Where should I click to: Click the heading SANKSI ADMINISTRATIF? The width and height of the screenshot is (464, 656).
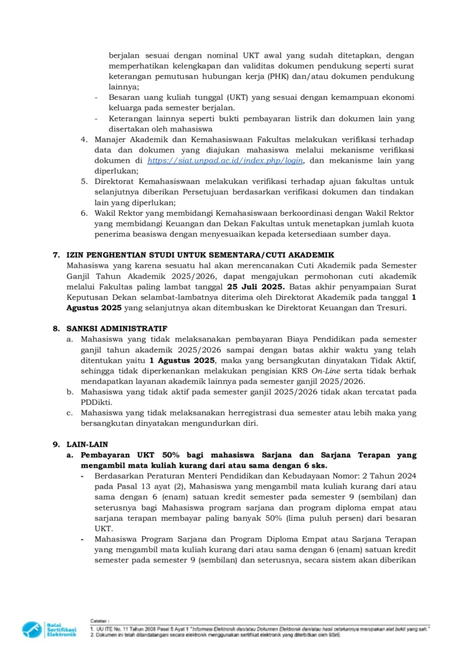click(109, 329)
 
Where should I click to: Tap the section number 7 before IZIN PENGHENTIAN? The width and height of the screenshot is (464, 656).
click(56, 255)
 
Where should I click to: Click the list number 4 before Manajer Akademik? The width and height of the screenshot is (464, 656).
click(83, 140)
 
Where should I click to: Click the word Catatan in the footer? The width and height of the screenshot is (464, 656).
click(99, 621)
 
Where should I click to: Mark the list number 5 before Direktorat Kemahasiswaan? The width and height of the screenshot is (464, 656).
click(83, 182)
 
